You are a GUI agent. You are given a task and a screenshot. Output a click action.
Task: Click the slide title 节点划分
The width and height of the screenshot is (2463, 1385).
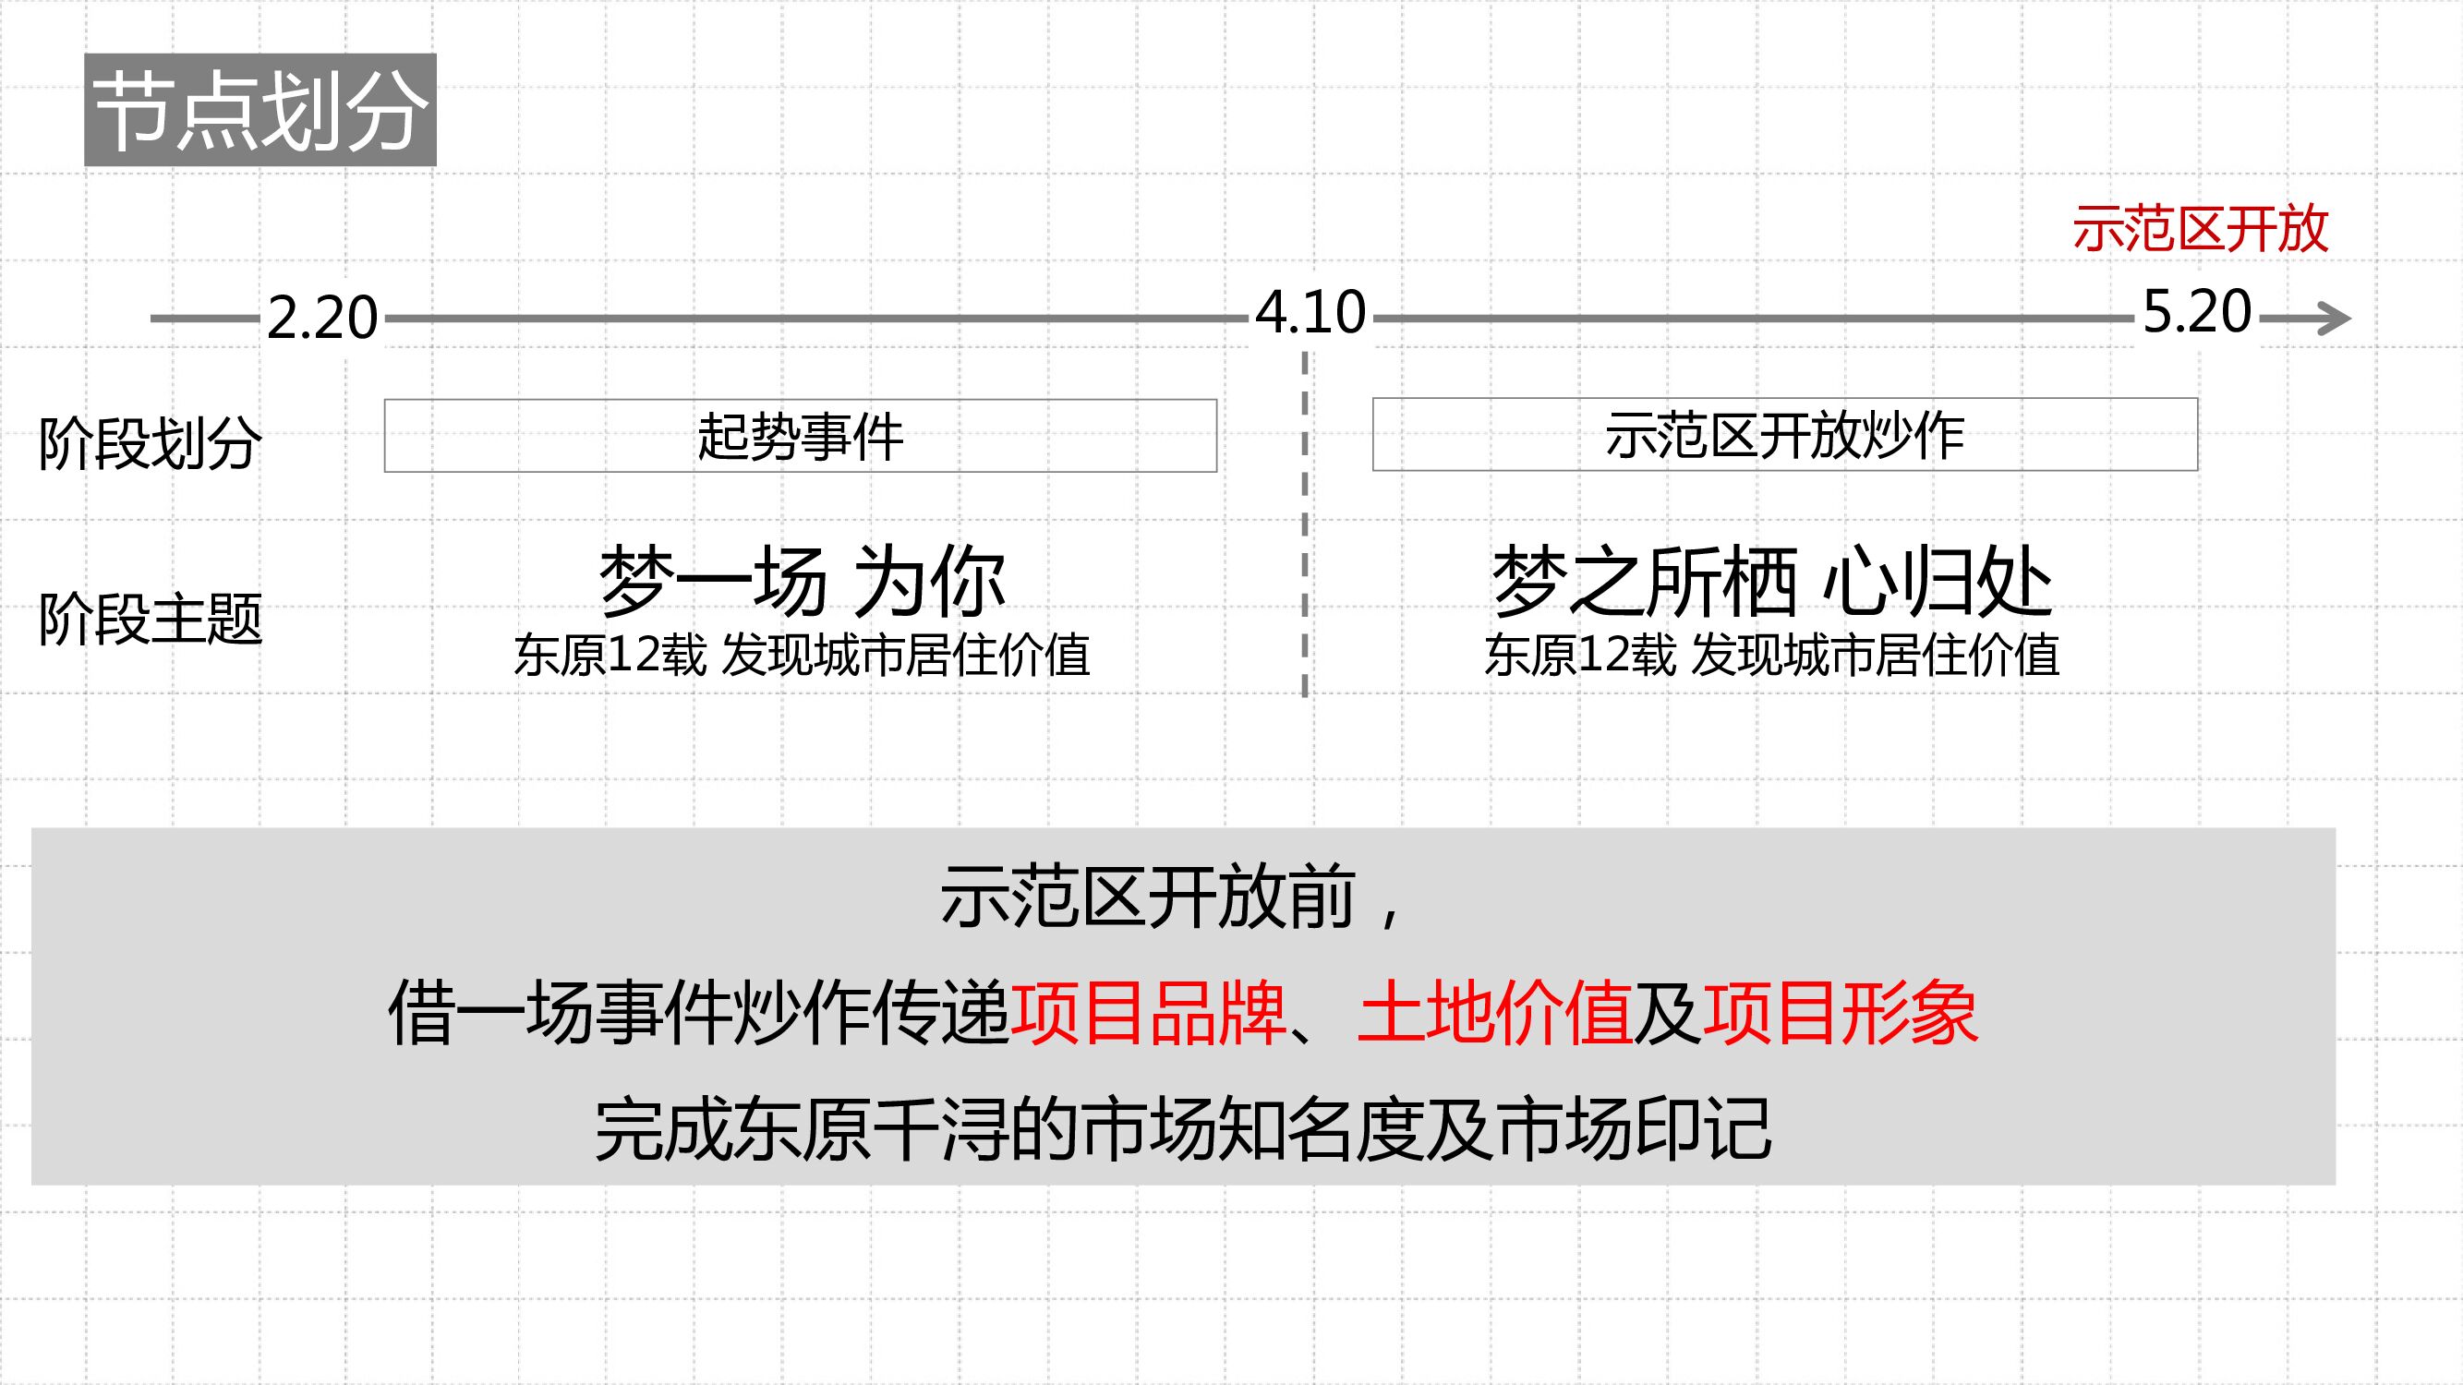point(260,110)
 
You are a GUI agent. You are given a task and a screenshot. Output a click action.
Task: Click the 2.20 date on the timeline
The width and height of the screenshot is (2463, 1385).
point(322,318)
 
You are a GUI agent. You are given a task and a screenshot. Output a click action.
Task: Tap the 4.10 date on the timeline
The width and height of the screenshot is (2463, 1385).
point(1310,313)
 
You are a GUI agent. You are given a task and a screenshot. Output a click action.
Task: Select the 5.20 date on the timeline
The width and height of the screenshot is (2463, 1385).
point(2197,311)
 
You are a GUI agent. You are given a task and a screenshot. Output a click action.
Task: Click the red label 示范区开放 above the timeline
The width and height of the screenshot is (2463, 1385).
point(2200,230)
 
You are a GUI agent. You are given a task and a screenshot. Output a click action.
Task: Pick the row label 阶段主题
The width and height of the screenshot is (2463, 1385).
point(151,619)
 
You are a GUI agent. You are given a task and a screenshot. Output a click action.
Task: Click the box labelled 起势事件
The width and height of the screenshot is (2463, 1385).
point(801,436)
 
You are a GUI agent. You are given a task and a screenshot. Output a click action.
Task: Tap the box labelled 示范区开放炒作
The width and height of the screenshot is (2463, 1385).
point(1784,435)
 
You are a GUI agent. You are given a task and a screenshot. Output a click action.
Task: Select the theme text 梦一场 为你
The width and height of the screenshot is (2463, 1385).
point(803,582)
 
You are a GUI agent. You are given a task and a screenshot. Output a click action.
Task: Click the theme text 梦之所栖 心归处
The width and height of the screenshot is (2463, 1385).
point(1771,582)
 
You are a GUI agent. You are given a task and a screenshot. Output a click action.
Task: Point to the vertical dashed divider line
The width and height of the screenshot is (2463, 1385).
point(1304,525)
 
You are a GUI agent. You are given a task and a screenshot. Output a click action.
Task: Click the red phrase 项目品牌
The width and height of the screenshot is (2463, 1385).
point(1148,1013)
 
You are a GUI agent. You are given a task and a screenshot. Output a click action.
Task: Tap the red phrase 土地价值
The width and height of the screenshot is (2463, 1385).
point(1494,1013)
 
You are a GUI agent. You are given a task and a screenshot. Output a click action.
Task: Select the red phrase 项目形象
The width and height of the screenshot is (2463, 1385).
point(1840,1013)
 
